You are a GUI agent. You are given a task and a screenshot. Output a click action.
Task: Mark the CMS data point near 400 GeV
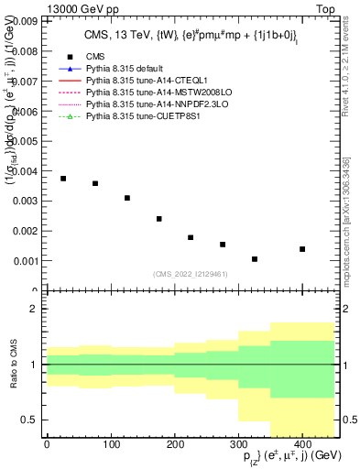[x=302, y=249]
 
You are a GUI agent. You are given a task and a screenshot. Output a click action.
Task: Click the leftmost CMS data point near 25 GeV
[x=63, y=179]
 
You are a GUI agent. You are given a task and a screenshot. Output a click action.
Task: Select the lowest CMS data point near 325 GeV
[x=255, y=259]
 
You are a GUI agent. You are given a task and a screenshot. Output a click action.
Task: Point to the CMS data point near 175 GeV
[x=159, y=219]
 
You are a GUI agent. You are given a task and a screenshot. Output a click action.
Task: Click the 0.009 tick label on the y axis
[x=24, y=20]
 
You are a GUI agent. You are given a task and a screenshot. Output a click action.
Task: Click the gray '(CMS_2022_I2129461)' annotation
[x=191, y=274]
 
